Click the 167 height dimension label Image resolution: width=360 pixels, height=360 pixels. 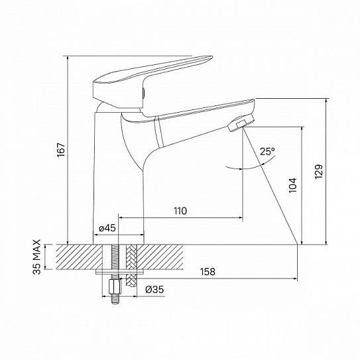point(61,150)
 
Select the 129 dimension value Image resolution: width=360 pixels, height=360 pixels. point(319,172)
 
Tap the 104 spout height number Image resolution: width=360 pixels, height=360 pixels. point(293,185)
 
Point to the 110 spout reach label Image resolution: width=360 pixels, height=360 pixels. point(180,211)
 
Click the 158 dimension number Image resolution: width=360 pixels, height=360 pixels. point(208,272)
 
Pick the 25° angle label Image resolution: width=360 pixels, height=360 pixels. point(267,152)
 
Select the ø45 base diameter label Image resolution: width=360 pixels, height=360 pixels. point(107,228)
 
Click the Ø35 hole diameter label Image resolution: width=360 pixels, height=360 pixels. point(154,289)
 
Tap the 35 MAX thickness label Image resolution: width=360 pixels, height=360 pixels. point(36,257)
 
